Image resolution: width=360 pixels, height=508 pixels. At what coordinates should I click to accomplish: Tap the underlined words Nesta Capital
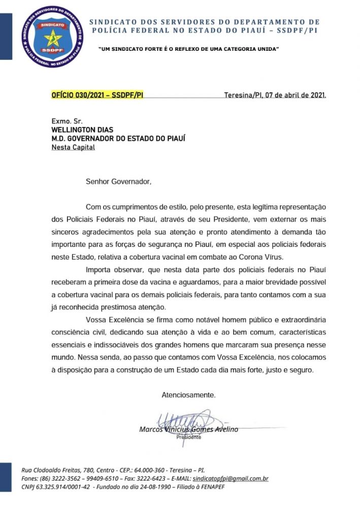[x=73, y=147]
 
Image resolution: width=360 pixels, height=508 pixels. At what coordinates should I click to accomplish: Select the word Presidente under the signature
[x=188, y=437]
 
